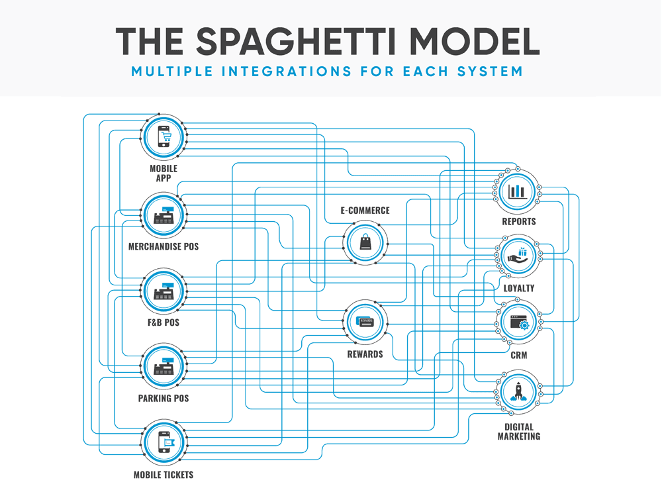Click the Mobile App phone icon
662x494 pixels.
coord(164,136)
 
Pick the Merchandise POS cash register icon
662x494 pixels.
coord(164,215)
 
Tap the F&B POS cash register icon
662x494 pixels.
coord(164,291)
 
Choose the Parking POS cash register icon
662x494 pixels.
coord(164,366)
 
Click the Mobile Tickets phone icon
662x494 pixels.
coord(164,442)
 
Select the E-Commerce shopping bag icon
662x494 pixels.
coord(366,242)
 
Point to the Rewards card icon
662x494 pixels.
coord(366,322)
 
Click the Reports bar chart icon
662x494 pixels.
coord(518,191)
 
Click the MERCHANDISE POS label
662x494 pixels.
coord(164,247)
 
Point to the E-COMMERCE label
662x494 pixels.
coord(365,211)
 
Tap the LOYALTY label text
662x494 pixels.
coord(518,289)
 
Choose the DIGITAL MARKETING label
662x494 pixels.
coord(519,432)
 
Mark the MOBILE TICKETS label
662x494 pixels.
coord(164,475)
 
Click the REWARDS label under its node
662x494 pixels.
coord(365,354)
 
